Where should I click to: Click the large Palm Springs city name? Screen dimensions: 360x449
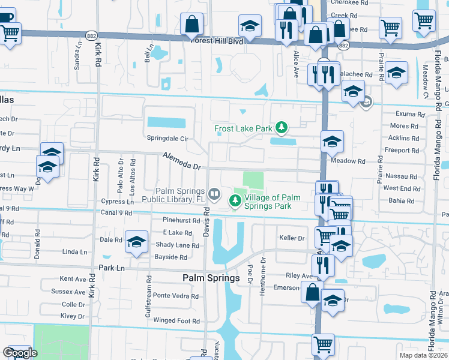(x=211, y=278)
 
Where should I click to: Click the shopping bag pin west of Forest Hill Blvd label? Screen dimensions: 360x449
(x=192, y=25)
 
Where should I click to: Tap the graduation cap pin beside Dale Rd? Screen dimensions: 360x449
(x=136, y=241)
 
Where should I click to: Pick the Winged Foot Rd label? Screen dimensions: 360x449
(x=176, y=321)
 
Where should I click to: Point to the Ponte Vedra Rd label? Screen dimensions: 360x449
(x=175, y=295)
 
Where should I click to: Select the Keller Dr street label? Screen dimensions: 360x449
(x=292, y=238)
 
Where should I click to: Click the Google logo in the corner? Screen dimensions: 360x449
(x=20, y=353)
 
